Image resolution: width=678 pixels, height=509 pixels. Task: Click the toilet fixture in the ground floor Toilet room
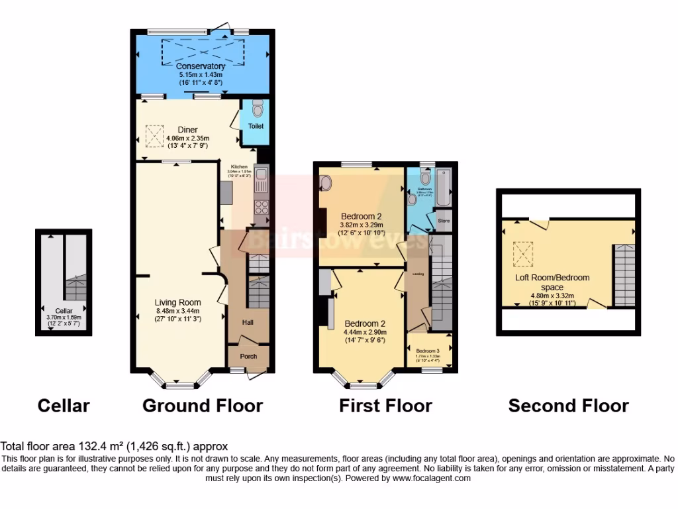point(258,108)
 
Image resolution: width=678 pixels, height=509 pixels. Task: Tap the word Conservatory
point(201,66)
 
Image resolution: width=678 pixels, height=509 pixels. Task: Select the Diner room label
point(187,129)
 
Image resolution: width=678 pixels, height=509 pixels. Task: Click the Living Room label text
point(178,302)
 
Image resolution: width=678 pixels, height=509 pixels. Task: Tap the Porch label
point(248,357)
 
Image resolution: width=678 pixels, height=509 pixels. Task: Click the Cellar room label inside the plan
point(64,310)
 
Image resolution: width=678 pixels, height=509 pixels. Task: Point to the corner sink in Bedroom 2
point(325,182)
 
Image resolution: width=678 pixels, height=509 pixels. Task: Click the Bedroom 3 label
point(428,351)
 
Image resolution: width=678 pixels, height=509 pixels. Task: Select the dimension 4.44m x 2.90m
point(364,332)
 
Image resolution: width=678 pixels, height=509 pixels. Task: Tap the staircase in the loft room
point(624,274)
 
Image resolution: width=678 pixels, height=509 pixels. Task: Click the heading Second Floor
point(568,406)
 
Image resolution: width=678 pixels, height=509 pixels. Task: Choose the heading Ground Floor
point(203,406)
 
